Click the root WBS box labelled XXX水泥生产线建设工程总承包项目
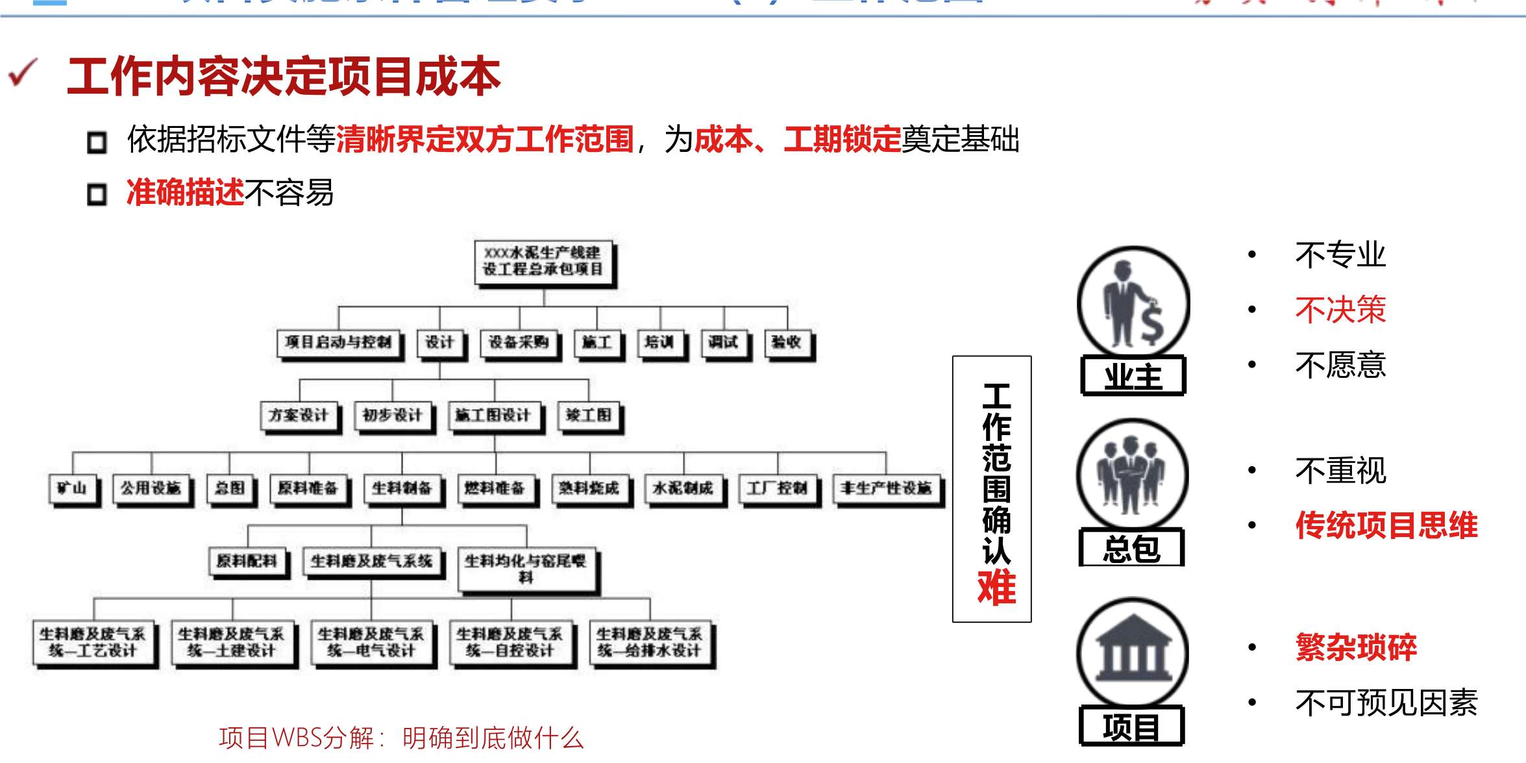[x=544, y=262]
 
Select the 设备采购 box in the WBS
[x=519, y=342]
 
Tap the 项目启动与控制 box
[x=338, y=342]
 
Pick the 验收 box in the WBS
[x=787, y=342]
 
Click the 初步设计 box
[x=392, y=415]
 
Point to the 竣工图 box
[x=589, y=415]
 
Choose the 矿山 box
[x=73, y=488]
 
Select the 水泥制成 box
[x=683, y=488]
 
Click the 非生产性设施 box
[x=886, y=488]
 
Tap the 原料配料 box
[x=247, y=561]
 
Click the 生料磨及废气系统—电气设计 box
[x=371, y=642]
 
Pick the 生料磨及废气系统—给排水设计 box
[x=650, y=642]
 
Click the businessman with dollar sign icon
[x=1133, y=302]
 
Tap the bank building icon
[x=1133, y=652]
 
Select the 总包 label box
[x=1131, y=549]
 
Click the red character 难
[x=996, y=588]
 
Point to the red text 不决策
[x=1340, y=310]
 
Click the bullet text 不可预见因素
[x=1386, y=703]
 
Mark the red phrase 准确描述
[x=186, y=193]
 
